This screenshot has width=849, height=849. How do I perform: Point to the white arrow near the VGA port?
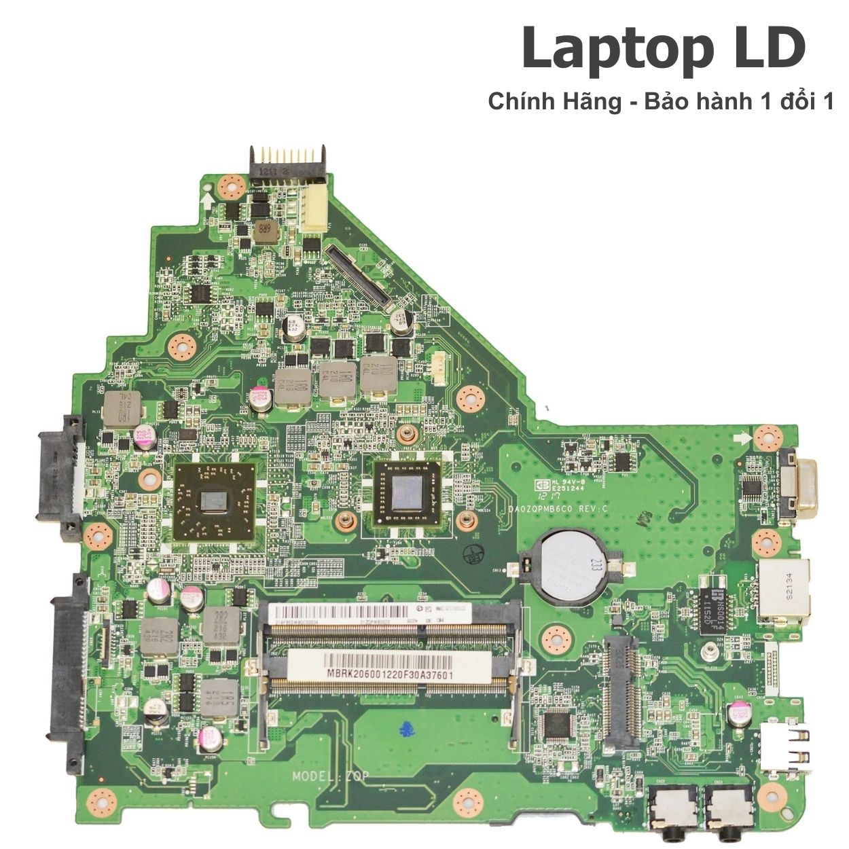(746, 437)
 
